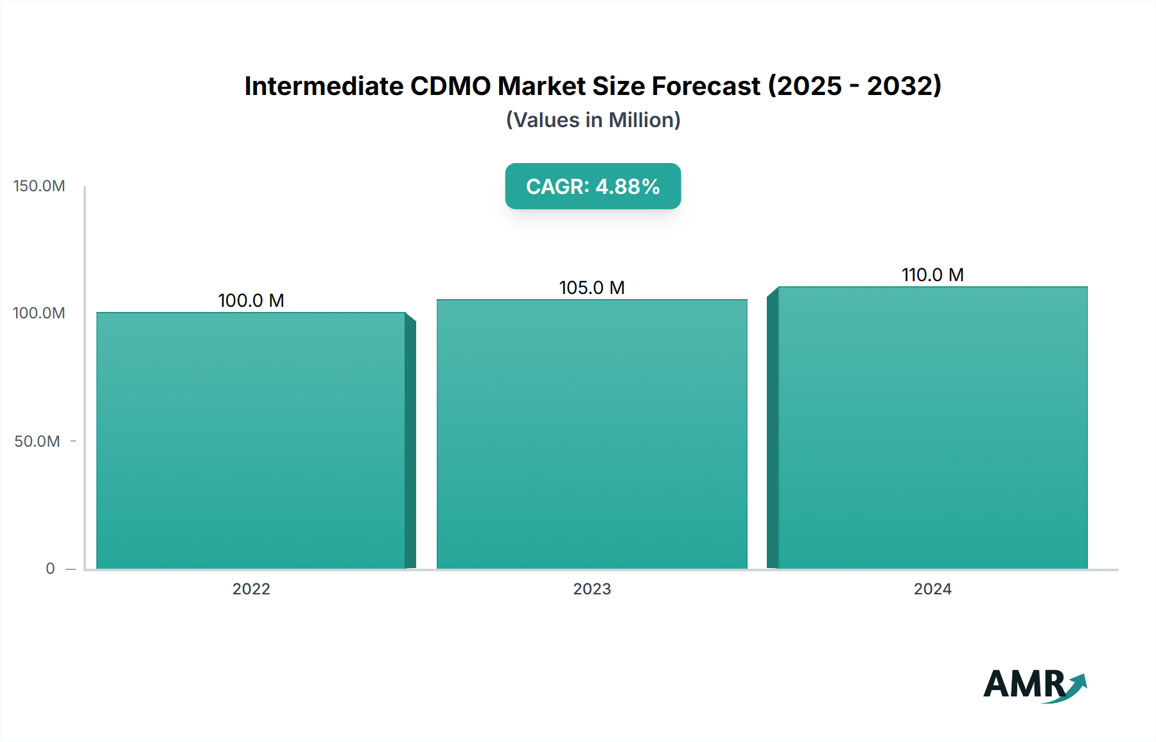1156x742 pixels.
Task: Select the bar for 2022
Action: coord(251,440)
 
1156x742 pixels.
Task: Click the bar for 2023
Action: coord(592,434)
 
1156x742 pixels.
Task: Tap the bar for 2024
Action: coord(933,427)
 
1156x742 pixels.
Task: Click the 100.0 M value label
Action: coord(251,300)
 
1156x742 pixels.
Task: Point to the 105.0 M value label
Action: coord(592,288)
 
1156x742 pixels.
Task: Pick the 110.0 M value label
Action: coord(933,275)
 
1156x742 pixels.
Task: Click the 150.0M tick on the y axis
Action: coord(39,186)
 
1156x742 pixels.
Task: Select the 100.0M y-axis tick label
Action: coord(39,313)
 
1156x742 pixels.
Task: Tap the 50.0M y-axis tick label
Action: coord(37,442)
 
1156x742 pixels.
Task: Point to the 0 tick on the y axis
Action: coord(50,569)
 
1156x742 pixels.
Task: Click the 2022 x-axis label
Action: coord(251,589)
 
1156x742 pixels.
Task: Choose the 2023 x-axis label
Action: coord(592,589)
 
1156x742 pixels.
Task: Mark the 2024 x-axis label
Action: coord(933,589)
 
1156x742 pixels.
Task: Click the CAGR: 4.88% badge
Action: coord(593,186)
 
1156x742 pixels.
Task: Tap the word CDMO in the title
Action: coord(450,86)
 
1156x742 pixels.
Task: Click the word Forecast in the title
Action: coord(706,86)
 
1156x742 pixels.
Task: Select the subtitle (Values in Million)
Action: coord(593,120)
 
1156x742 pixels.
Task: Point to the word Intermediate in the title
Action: coord(324,86)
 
